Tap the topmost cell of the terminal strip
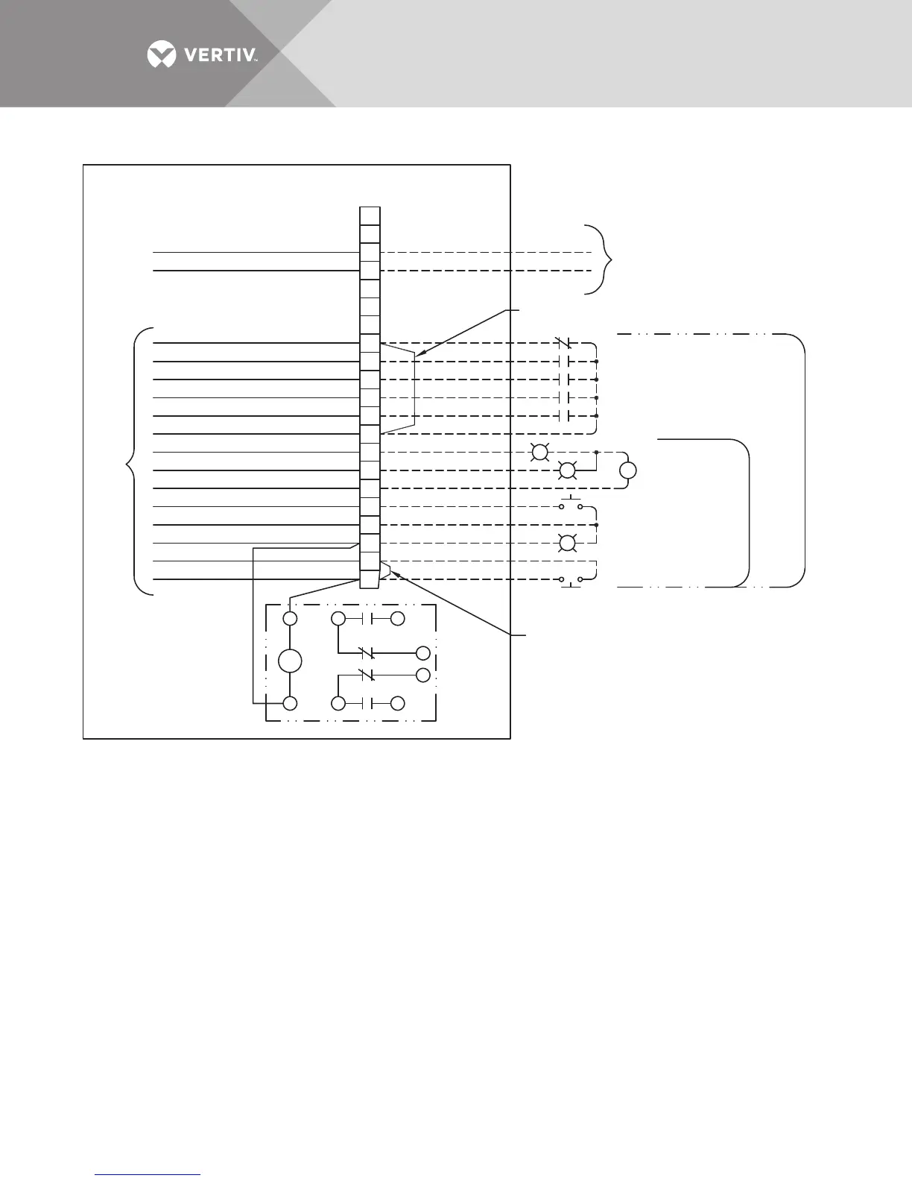370,215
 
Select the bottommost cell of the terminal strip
370,579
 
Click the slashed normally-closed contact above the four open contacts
564,344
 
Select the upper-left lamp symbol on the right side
539,452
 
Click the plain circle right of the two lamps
628,470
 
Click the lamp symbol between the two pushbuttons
567,543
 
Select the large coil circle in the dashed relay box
290,661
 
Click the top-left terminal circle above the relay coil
290,619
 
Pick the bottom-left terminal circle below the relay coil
290,703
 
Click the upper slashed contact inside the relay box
366,653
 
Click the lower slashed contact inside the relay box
366,675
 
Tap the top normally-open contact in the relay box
367,619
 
